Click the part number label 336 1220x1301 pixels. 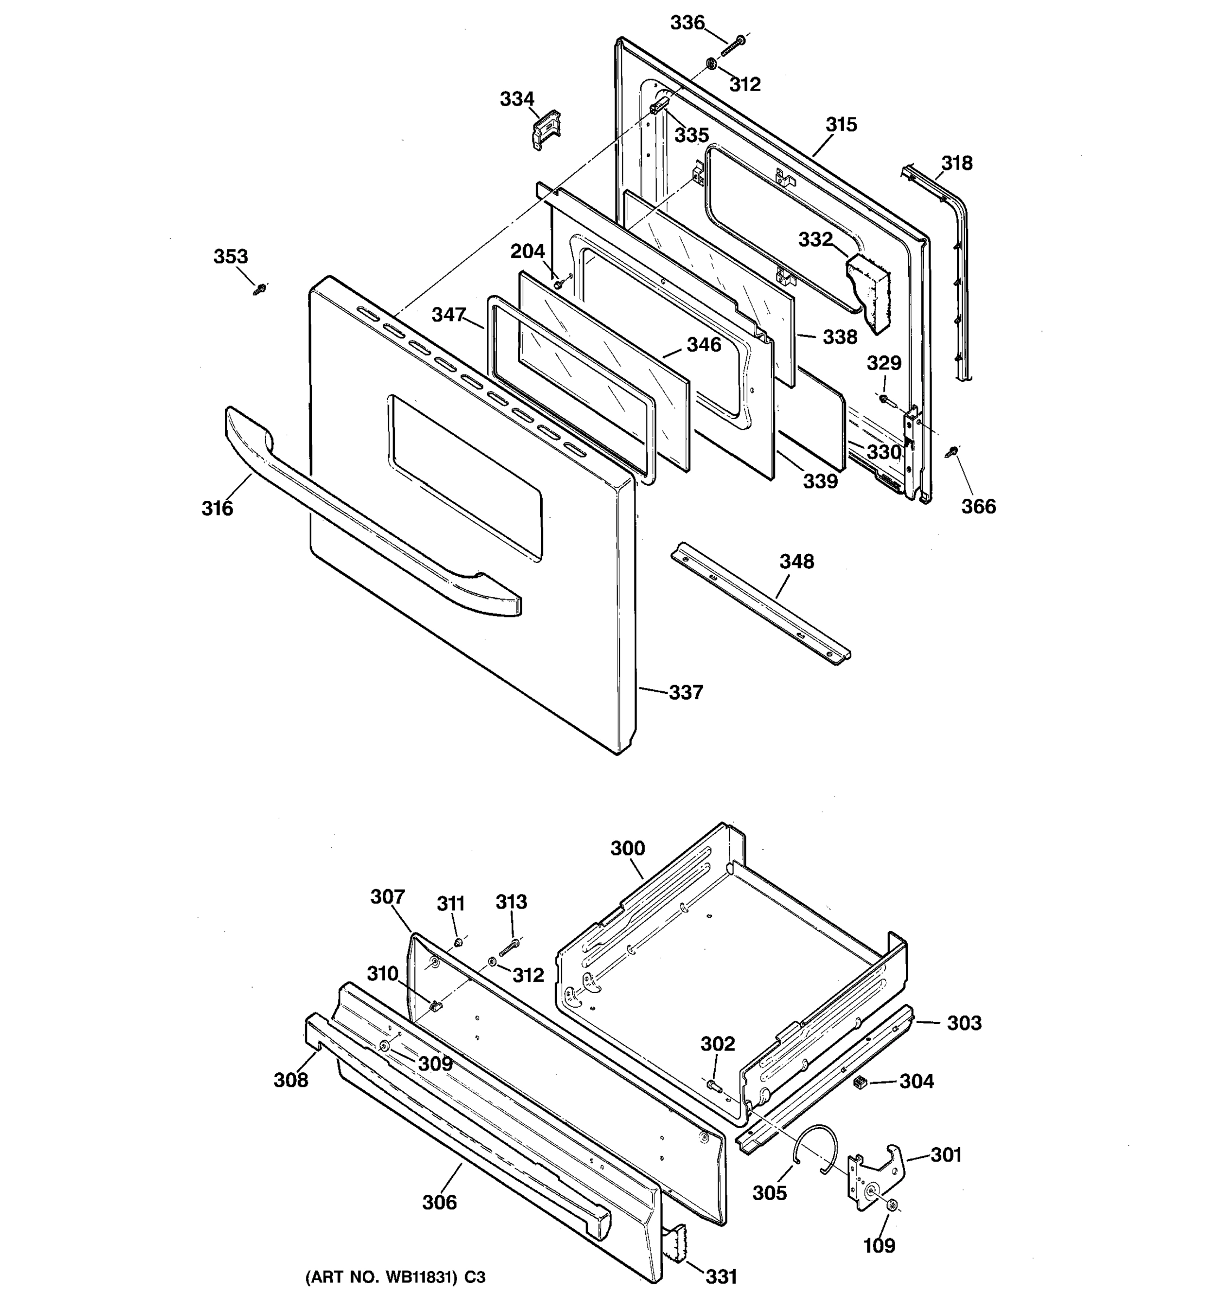[x=686, y=23]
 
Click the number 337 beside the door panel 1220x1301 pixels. [x=685, y=692]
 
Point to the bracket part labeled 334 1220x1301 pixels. [x=544, y=130]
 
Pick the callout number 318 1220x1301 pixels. [x=956, y=163]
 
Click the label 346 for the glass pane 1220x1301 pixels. [x=704, y=345]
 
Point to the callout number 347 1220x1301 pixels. [x=448, y=315]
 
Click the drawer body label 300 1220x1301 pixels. [x=627, y=849]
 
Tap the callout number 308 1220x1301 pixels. [x=291, y=1080]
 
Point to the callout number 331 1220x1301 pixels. [x=721, y=1276]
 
